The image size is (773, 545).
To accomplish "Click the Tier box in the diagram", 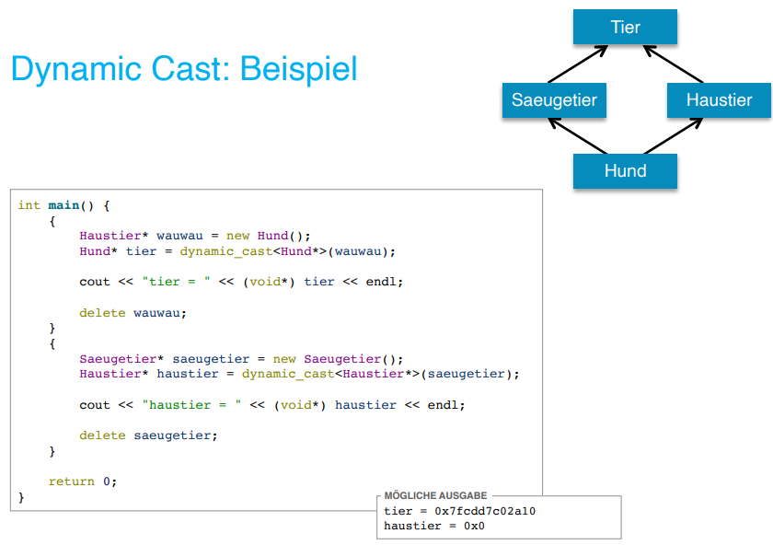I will [x=625, y=27].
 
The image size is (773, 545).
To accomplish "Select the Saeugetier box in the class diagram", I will [x=554, y=99].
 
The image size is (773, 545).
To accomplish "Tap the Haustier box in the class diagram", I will [x=719, y=99].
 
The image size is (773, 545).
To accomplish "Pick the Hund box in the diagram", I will [x=625, y=170].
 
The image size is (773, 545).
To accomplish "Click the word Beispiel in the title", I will [x=301, y=69].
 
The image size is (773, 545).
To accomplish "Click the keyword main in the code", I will [x=63, y=205].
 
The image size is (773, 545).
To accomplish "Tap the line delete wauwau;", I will [x=133, y=312].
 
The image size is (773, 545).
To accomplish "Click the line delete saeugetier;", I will [x=148, y=435].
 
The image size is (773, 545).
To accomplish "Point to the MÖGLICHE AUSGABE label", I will [x=435, y=496].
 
